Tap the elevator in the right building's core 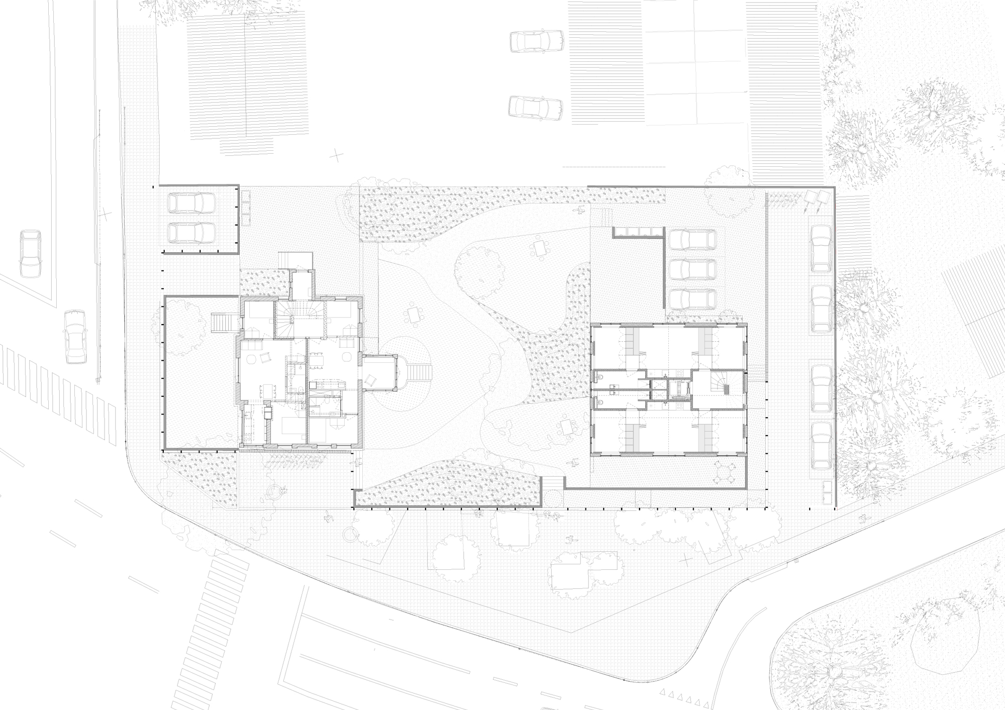[x=678, y=389]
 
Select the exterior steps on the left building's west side [x=221, y=323]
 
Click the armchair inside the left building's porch [x=371, y=380]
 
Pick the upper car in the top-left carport [x=191, y=203]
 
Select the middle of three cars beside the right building [x=693, y=270]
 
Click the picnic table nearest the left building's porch [x=414, y=316]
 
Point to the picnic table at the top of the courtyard [x=541, y=248]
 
